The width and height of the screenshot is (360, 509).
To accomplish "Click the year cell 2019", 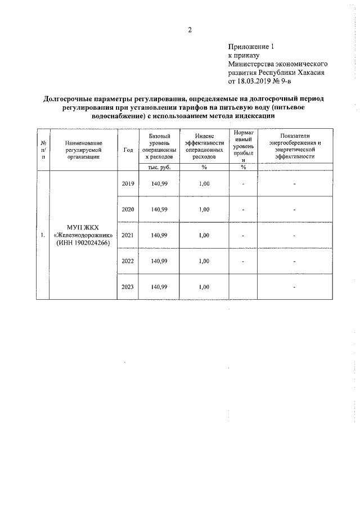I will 128,183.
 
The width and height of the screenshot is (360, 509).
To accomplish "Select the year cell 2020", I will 128,209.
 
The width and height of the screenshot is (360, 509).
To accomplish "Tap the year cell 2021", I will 128,235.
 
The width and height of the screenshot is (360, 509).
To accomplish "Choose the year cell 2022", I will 128,261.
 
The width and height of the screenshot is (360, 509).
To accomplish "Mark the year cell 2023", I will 128,287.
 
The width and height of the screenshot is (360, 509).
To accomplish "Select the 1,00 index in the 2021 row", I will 204,235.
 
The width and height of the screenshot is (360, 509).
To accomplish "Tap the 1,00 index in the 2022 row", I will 204,261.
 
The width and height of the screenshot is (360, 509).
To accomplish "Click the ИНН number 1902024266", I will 89,242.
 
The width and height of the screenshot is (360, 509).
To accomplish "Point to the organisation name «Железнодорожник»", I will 83,235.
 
